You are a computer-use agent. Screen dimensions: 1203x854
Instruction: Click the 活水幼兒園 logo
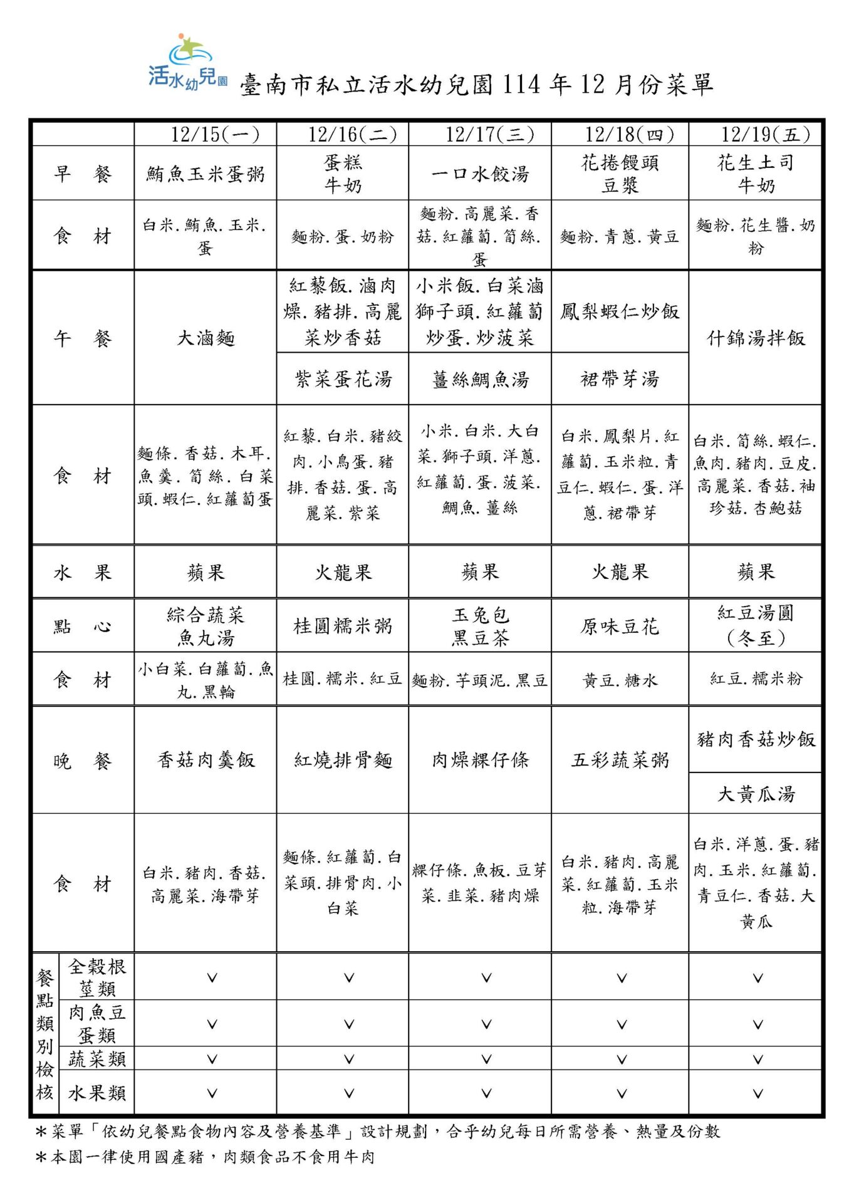187,63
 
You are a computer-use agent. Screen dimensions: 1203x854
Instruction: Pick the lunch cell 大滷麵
206,338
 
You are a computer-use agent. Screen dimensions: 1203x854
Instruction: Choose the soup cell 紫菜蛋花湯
343,379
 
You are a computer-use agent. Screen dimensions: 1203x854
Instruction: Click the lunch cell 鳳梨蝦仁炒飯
620,311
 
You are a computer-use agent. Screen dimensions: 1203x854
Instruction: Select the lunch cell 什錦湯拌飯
756,338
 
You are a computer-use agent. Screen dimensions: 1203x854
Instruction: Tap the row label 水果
83,572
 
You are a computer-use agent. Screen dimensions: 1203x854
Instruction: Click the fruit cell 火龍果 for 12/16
343,572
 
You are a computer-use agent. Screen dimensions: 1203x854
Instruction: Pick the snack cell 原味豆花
620,627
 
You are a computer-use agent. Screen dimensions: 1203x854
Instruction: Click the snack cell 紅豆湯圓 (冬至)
756,625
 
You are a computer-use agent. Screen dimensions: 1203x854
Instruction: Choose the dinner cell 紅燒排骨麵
343,761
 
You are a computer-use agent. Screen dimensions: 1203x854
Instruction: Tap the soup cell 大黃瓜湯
756,794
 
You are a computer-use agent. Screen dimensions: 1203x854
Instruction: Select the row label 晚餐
83,761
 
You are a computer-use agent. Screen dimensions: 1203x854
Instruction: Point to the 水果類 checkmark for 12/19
758,1093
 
